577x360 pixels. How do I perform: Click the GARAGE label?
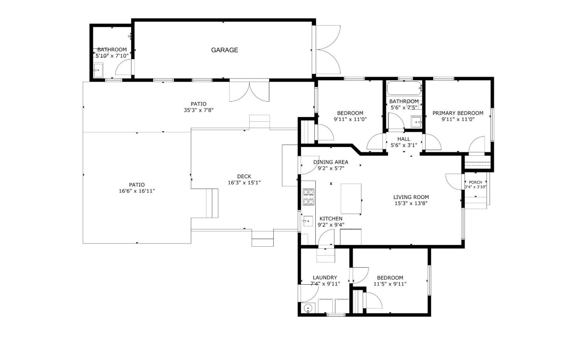tap(224, 50)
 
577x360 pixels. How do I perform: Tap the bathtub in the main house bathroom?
tap(404, 88)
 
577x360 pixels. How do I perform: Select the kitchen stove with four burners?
tap(308, 197)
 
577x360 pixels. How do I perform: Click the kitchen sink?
tap(308, 221)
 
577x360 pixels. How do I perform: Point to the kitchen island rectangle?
tap(351, 199)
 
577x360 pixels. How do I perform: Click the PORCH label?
tap(476, 182)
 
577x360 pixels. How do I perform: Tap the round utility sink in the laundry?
tap(308, 308)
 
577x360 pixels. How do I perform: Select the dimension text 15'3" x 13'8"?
tap(411, 203)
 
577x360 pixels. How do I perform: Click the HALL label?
tap(403, 139)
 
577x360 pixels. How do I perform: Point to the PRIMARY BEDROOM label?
tap(458, 113)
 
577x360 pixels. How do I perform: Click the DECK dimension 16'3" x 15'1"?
tap(244, 183)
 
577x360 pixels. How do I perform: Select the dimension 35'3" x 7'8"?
tap(199, 110)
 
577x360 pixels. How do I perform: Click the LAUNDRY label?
tap(325, 278)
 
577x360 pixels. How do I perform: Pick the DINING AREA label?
tap(331, 162)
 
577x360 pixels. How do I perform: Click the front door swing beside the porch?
tap(454, 181)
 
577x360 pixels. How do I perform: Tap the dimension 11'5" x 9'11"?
tap(390, 284)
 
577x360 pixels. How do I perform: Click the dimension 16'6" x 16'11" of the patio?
tap(137, 191)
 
